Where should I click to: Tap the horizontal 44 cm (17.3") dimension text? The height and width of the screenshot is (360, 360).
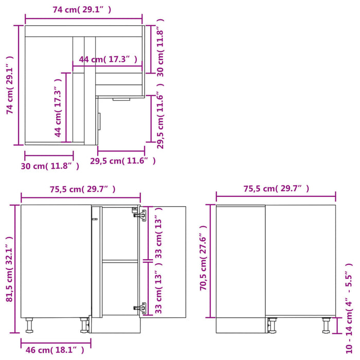pyautogui.click(x=107, y=60)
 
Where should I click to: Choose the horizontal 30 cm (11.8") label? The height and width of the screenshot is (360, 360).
pyautogui.click(x=50, y=166)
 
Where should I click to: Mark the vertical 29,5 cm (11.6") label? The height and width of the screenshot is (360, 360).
pyautogui.click(x=160, y=121)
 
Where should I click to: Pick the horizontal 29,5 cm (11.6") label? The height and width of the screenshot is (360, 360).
pyautogui.click(x=123, y=160)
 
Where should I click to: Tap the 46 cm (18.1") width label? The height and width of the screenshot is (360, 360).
pyautogui.click(x=53, y=350)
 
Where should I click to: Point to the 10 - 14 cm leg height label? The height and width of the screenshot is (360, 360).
pyautogui.click(x=350, y=309)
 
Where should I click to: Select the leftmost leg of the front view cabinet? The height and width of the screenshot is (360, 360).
pyautogui.click(x=30, y=325)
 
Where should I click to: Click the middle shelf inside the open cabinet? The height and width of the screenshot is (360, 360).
pyautogui.click(x=120, y=261)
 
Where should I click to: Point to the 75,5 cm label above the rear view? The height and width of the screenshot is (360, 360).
pyautogui.click(x=276, y=189)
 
